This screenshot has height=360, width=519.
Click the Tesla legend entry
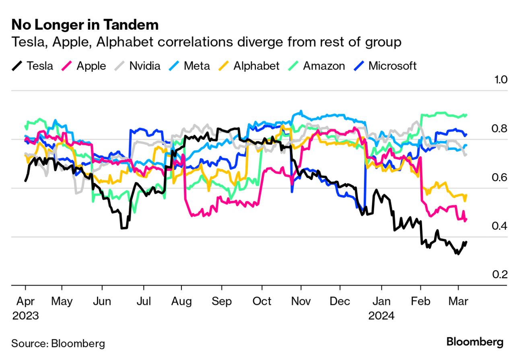(x=39, y=66)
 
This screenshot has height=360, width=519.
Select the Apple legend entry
(x=91, y=66)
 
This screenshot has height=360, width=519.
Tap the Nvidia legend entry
(x=144, y=66)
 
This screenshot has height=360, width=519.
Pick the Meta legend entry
(x=197, y=66)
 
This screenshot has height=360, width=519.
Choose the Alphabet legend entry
(x=256, y=66)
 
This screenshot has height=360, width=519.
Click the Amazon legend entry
(x=323, y=66)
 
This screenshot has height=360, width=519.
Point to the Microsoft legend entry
(x=392, y=66)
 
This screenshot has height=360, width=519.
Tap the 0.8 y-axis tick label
(x=500, y=129)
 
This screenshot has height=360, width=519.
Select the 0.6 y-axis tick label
(x=500, y=178)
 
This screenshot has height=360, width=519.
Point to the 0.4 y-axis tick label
(x=500, y=226)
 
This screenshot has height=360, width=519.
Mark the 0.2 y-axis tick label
(x=500, y=275)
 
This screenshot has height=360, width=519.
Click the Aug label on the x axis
(x=182, y=301)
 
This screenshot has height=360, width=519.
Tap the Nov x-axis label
(x=301, y=301)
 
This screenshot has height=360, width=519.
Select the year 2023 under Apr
(x=25, y=315)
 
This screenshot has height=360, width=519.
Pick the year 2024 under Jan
(x=382, y=315)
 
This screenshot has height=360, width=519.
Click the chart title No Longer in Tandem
(x=85, y=25)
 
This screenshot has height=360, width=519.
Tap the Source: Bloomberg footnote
(x=58, y=343)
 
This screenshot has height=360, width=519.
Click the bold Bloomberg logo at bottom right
(x=475, y=342)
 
